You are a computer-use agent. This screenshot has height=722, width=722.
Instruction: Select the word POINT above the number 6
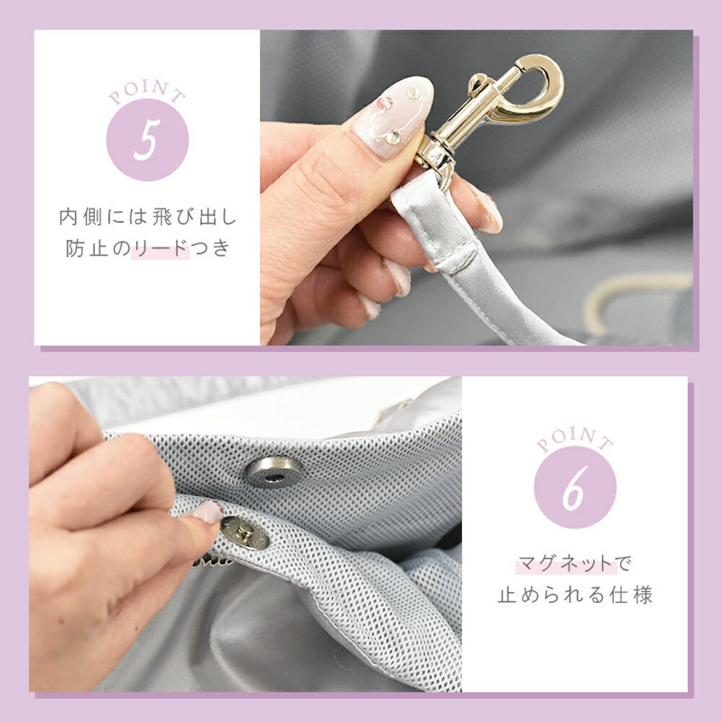click(x=575, y=438)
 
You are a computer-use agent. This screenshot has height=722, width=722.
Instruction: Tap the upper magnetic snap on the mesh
click(x=273, y=472)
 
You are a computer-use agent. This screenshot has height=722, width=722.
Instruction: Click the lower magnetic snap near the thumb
click(x=245, y=533)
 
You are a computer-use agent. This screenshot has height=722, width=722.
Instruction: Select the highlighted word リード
click(x=160, y=248)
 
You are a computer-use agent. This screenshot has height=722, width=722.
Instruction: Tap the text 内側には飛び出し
click(x=147, y=217)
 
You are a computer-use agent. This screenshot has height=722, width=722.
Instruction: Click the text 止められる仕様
click(x=575, y=596)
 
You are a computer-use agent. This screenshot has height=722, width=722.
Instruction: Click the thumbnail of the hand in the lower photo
click(x=206, y=512)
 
